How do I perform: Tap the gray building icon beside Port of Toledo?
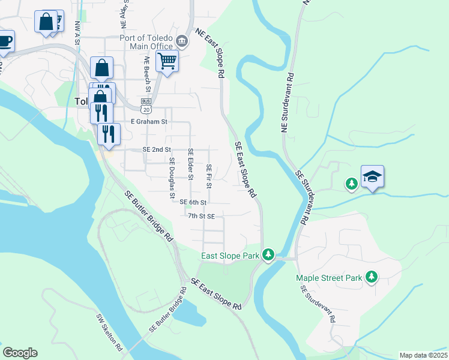point(182,41)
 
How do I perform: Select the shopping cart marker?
point(167,61)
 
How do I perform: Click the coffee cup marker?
point(4,41)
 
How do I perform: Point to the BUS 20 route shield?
point(146,106)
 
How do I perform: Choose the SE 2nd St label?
point(157,149)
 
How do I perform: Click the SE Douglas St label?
point(172,178)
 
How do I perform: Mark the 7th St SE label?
point(201,215)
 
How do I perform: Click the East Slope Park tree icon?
point(270,256)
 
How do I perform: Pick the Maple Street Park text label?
point(329,278)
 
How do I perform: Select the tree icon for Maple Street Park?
point(372,277)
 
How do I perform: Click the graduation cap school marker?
point(372,176)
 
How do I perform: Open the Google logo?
point(20,353)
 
